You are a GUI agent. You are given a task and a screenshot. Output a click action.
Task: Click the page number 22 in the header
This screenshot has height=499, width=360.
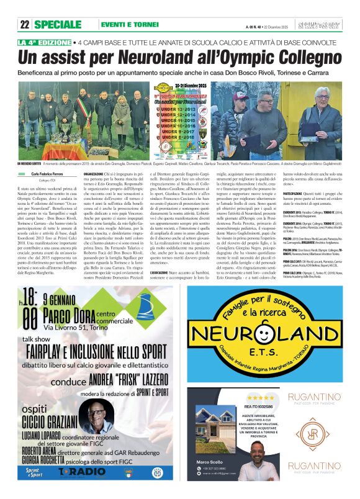click(25, 24)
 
